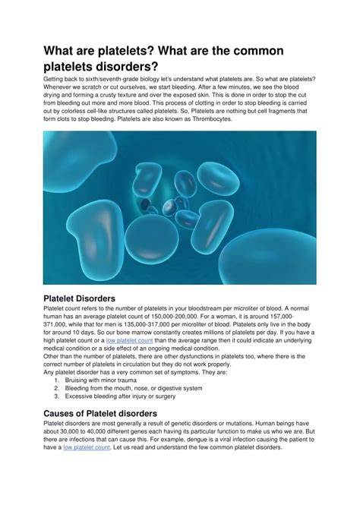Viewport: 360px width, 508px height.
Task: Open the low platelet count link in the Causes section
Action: tap(87, 447)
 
